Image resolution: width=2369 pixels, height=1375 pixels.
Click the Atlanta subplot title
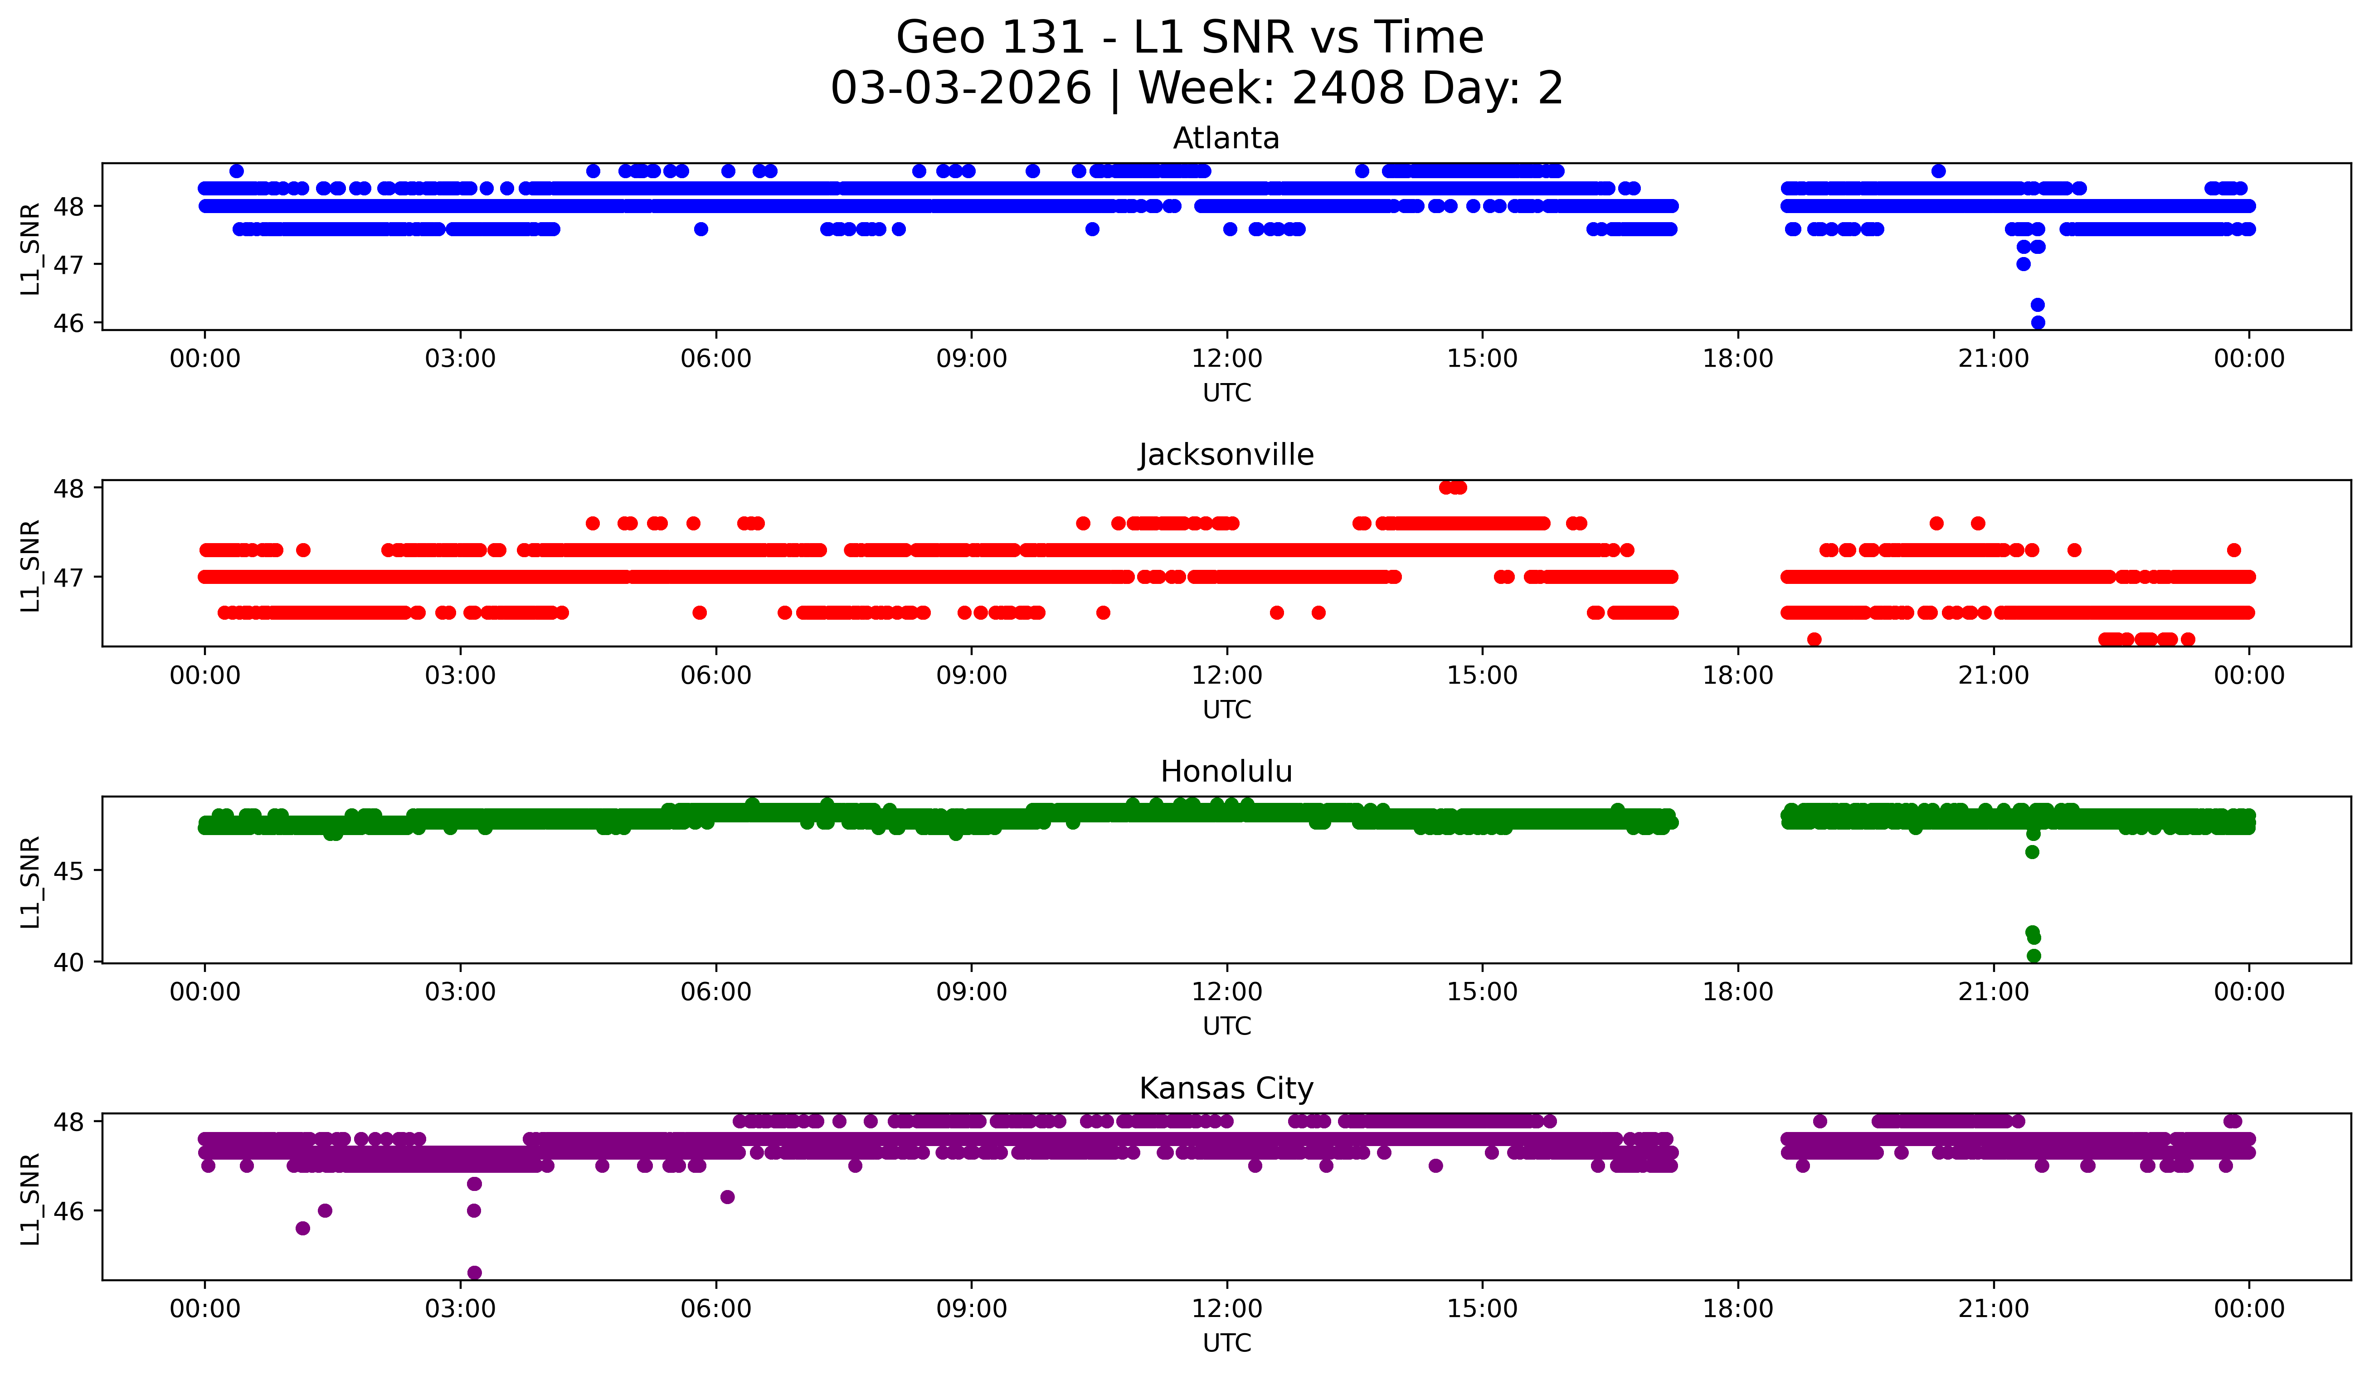(1226, 138)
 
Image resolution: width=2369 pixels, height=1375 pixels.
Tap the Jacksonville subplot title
(1226, 455)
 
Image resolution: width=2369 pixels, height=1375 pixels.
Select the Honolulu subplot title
(1226, 772)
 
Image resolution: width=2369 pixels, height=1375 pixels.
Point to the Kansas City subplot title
(1226, 1088)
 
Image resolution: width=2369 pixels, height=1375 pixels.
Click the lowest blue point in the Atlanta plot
(2037, 322)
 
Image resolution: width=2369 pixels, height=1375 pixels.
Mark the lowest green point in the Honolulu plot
(2033, 956)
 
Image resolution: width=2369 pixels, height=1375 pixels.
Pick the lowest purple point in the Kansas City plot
(475, 1273)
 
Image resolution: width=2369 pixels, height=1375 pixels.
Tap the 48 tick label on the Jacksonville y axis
(69, 488)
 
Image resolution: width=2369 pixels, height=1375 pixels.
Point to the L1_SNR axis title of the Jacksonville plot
(30, 566)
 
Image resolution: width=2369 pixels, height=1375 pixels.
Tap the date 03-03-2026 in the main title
(961, 88)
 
